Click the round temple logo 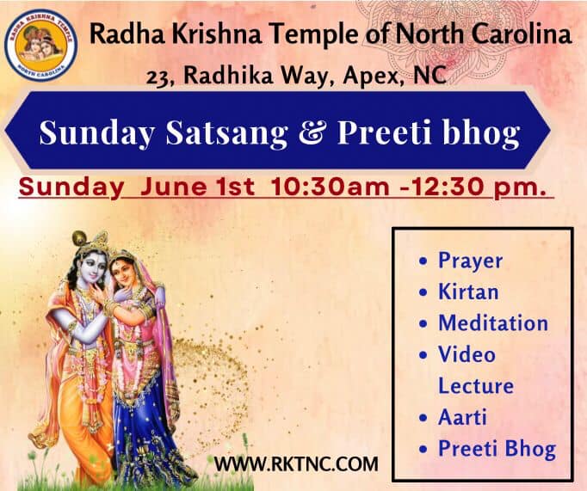pos(40,46)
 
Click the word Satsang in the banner pos(227,134)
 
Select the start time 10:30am pos(330,187)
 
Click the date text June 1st pos(197,187)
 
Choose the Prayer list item pos(470,261)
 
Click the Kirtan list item pos(468,292)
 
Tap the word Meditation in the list pos(493,323)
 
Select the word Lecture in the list pos(476,386)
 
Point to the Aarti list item pos(462,417)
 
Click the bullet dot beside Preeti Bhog pos(423,449)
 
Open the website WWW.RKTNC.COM pos(296,464)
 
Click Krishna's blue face pos(90,267)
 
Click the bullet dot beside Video pos(423,355)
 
